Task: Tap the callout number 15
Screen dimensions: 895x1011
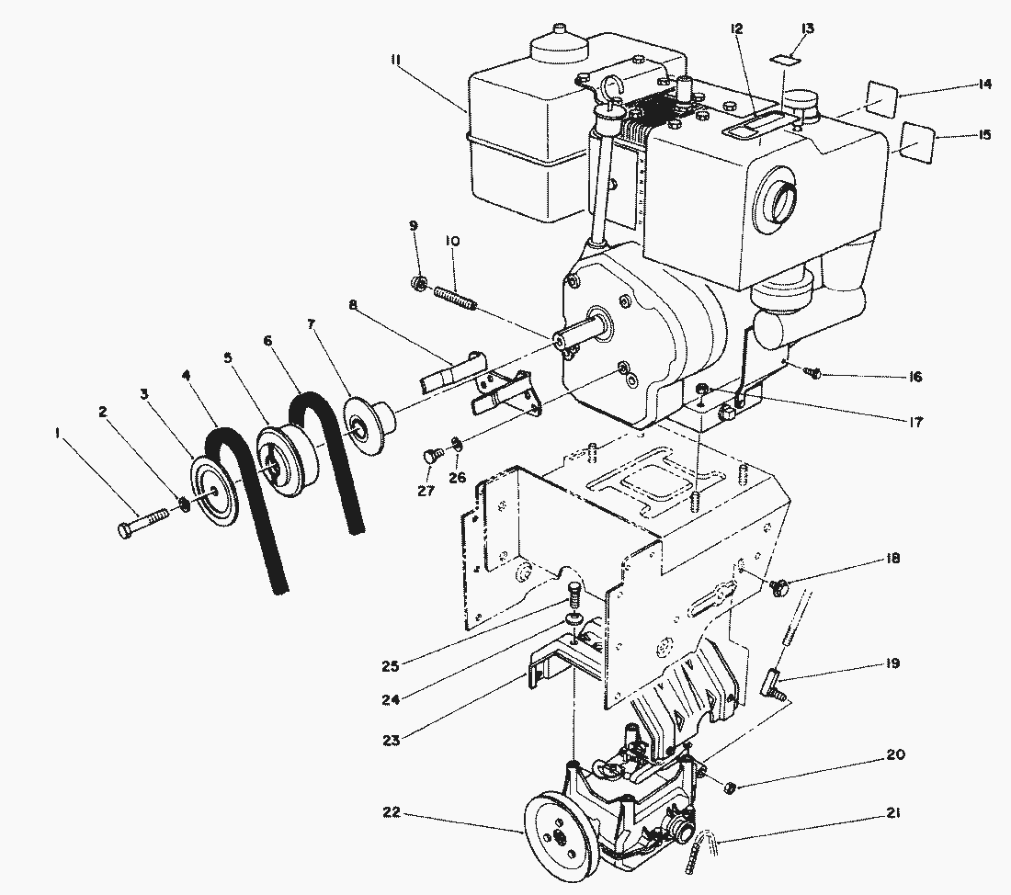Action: (984, 135)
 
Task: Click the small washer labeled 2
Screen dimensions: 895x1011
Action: (184, 504)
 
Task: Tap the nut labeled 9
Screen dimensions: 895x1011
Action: (417, 281)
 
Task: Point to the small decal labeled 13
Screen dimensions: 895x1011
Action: (784, 60)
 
